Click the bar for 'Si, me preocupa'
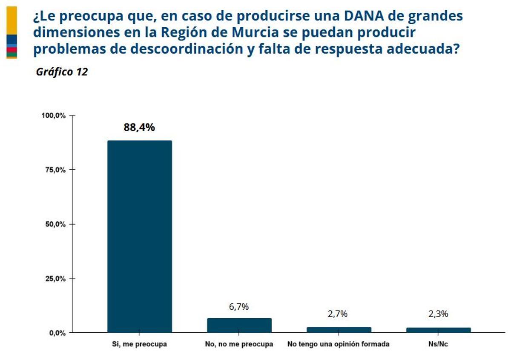click(x=139, y=236)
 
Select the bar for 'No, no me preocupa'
click(x=239, y=325)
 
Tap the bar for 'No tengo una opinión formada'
click(x=339, y=329)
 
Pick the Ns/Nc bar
click(x=438, y=330)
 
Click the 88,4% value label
click(x=139, y=127)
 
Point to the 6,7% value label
click(x=239, y=306)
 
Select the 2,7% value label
click(x=338, y=314)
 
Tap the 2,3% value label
click(x=438, y=314)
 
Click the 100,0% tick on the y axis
click(x=53, y=116)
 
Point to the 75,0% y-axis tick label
click(x=55, y=170)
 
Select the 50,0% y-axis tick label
click(x=55, y=224)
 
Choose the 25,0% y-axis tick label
click(x=55, y=279)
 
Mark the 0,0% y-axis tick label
click(x=57, y=333)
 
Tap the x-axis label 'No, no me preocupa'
click(x=239, y=344)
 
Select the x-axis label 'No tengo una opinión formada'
click(x=339, y=344)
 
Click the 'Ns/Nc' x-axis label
click(x=438, y=344)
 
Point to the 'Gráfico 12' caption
click(x=62, y=72)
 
